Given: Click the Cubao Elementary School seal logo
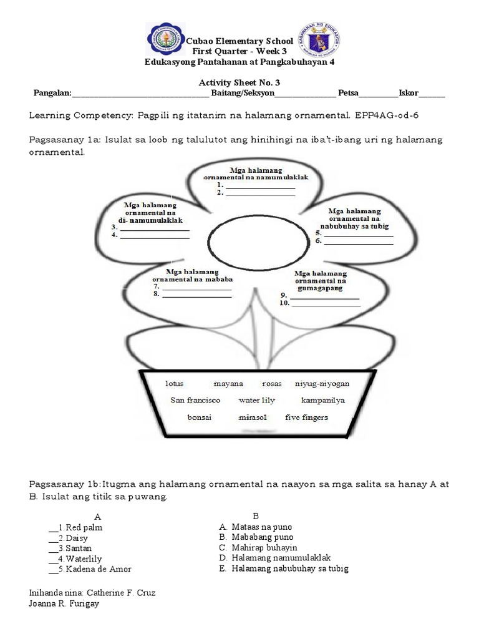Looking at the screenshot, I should pos(165,41).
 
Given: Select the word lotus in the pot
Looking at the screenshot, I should pos(175,383).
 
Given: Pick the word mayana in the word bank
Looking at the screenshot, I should pos(228,383).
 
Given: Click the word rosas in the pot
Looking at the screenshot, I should pos(273,383).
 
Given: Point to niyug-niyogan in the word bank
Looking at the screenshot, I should pos(322,383).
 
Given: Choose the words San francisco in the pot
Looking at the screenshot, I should pos(195,400).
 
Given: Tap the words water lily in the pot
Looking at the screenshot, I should pos(256,400).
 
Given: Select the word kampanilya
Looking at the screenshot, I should pos(323,400).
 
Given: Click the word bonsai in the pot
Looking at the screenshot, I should pos(200,417).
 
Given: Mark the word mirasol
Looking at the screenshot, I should pos(252,417).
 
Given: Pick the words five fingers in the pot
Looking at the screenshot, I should pos(306,417).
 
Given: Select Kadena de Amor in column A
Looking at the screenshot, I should pos(98,569).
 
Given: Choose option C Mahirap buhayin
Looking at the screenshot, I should pos(258,547).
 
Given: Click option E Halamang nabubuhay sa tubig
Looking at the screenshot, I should pos(284,568).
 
